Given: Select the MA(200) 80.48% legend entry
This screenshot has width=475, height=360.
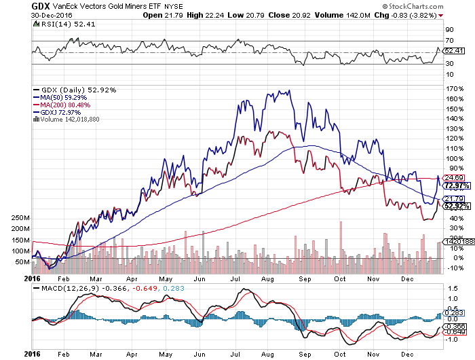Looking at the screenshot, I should click(62, 105).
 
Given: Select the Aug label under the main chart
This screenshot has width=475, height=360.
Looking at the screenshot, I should click(268, 278).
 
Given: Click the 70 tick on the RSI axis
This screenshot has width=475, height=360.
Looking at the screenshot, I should click(449, 41).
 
